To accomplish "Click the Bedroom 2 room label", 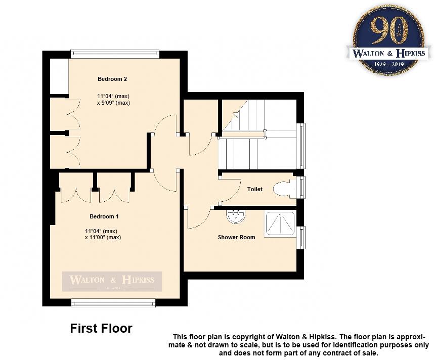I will [112, 79].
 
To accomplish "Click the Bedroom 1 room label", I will [104, 216].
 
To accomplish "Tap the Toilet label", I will [255, 189].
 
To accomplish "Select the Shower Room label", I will [236, 237].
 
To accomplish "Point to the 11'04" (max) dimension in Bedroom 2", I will [113, 96].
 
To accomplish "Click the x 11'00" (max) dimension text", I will [103, 237].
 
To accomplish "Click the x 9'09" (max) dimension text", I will [113, 103].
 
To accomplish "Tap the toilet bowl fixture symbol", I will [283, 189].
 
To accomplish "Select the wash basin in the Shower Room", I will [235, 216].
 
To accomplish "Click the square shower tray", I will [280, 224].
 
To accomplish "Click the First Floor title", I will [101, 329].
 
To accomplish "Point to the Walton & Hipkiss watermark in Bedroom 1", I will [112, 281].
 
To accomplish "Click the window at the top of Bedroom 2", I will [115, 53].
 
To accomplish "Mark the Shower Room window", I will [302, 238].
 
